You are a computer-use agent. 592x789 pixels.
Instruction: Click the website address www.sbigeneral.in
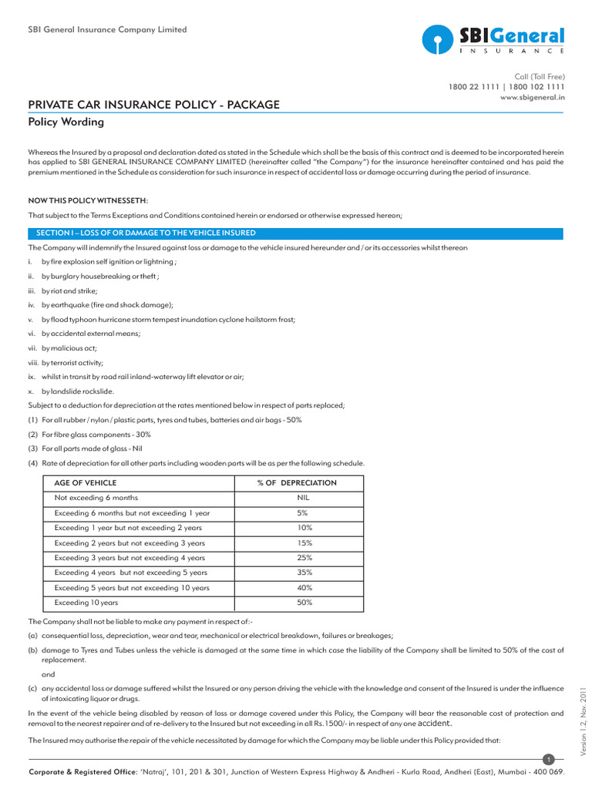[533, 98]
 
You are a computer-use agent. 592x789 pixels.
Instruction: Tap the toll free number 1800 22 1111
[473, 87]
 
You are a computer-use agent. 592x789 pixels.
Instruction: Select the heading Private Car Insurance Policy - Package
[154, 105]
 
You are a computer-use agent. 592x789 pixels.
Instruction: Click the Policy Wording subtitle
[66, 123]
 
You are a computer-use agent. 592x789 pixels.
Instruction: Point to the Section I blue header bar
[296, 233]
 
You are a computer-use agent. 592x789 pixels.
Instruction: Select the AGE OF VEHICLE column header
[84, 483]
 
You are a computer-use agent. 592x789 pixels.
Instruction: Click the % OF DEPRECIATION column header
[297, 483]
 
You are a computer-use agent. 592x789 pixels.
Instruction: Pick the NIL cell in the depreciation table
[303, 498]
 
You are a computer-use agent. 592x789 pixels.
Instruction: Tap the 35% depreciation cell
[304, 572]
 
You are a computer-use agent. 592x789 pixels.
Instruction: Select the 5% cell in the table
[303, 513]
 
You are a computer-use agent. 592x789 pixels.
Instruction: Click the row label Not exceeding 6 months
[96, 498]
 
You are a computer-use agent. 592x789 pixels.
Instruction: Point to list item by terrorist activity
[72, 362]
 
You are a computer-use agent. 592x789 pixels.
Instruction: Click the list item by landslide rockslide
[77, 391]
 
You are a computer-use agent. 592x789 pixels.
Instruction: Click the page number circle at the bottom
[548, 760]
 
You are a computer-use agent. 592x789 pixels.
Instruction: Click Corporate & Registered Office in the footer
[84, 772]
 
